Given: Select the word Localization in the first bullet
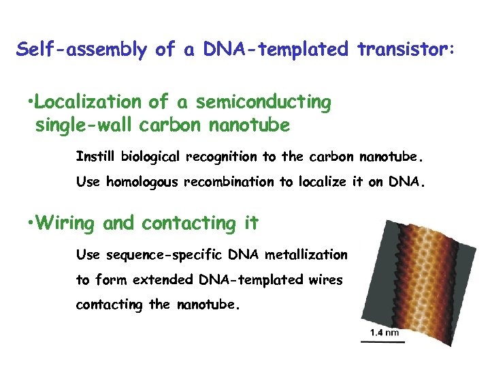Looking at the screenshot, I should point(88,102).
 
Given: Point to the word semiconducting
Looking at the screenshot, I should point(263,102).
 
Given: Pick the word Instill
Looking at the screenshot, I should point(96,157).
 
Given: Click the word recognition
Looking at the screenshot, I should point(221,157).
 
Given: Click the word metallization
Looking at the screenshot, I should point(306,254).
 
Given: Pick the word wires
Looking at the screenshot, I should point(327,280).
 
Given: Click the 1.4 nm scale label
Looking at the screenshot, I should point(385,333).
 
